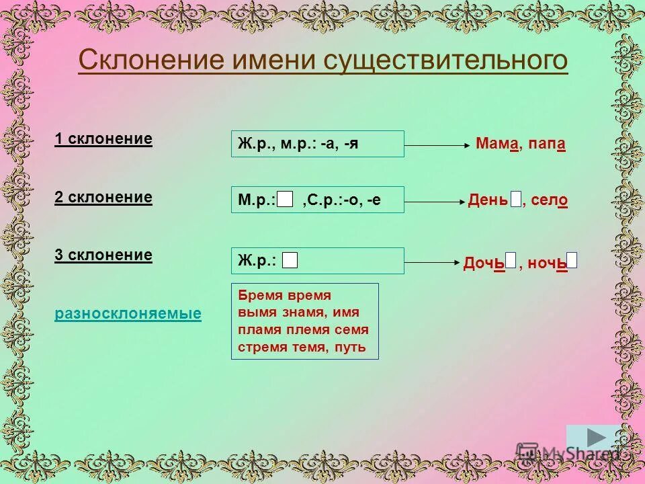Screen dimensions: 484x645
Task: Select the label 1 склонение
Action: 103,139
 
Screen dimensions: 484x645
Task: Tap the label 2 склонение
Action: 103,197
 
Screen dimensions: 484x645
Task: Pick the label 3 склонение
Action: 103,255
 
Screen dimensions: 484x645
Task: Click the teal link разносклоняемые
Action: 128,314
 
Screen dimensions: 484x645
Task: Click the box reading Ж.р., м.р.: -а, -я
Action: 317,144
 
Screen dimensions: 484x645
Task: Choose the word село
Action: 549,200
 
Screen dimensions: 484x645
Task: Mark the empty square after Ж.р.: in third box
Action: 290,261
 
